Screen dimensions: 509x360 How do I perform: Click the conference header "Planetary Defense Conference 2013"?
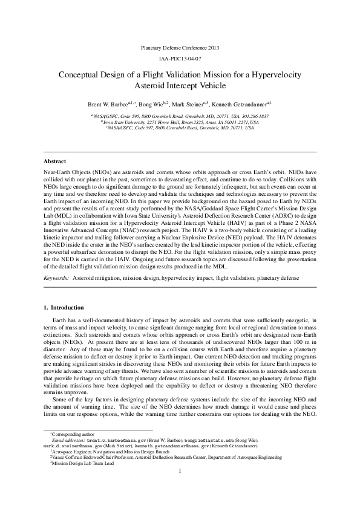[180, 47]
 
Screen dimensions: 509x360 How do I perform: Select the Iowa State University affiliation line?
[180, 122]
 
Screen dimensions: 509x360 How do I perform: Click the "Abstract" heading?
[56, 162]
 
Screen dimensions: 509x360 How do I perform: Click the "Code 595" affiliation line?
[180, 115]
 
